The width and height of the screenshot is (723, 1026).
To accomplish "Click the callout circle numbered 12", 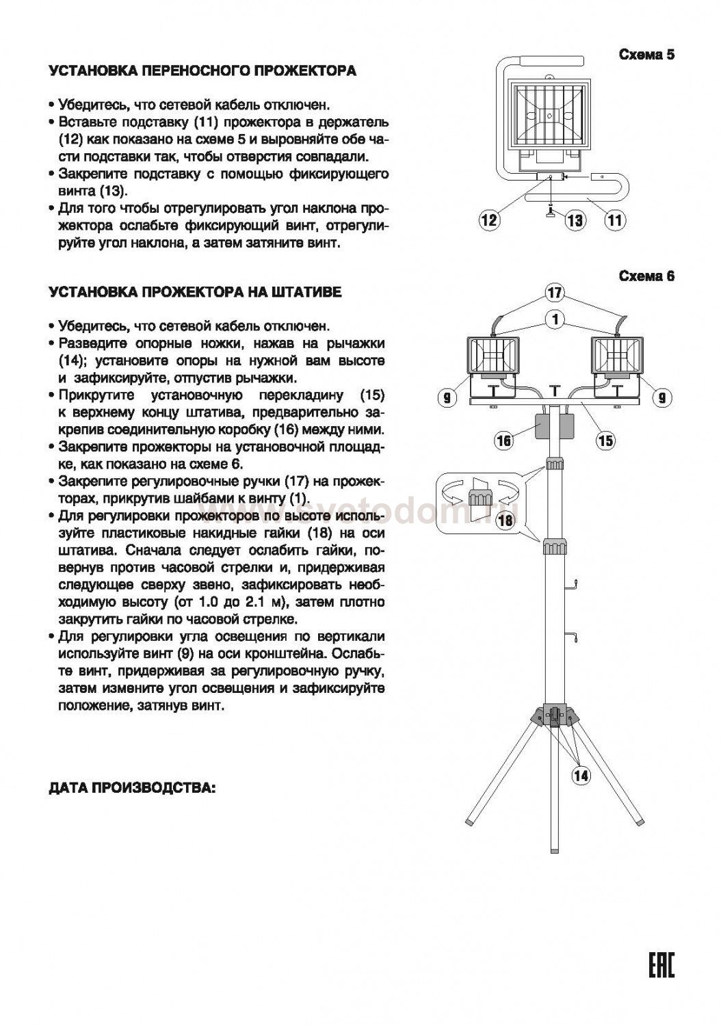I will (489, 220).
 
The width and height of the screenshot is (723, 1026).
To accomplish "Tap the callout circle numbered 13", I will (575, 220).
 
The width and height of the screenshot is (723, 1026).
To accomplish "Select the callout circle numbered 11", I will (615, 220).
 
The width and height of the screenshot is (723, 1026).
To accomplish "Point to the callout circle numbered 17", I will (555, 293).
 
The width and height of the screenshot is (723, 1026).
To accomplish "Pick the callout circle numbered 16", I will (503, 440).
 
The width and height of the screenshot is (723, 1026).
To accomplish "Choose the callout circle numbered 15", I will (605, 440).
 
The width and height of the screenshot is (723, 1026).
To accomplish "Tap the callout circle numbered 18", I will (505, 521).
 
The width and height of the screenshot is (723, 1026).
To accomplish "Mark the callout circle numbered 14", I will (581, 775).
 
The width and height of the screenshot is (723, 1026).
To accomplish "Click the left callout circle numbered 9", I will (447, 397).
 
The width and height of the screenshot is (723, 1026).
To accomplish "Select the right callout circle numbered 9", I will (661, 397).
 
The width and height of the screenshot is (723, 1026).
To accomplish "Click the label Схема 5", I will (646, 55).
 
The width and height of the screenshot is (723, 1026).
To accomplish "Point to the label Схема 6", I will (646, 276).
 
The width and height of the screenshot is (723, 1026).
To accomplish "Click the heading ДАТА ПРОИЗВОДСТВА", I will (133, 788).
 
